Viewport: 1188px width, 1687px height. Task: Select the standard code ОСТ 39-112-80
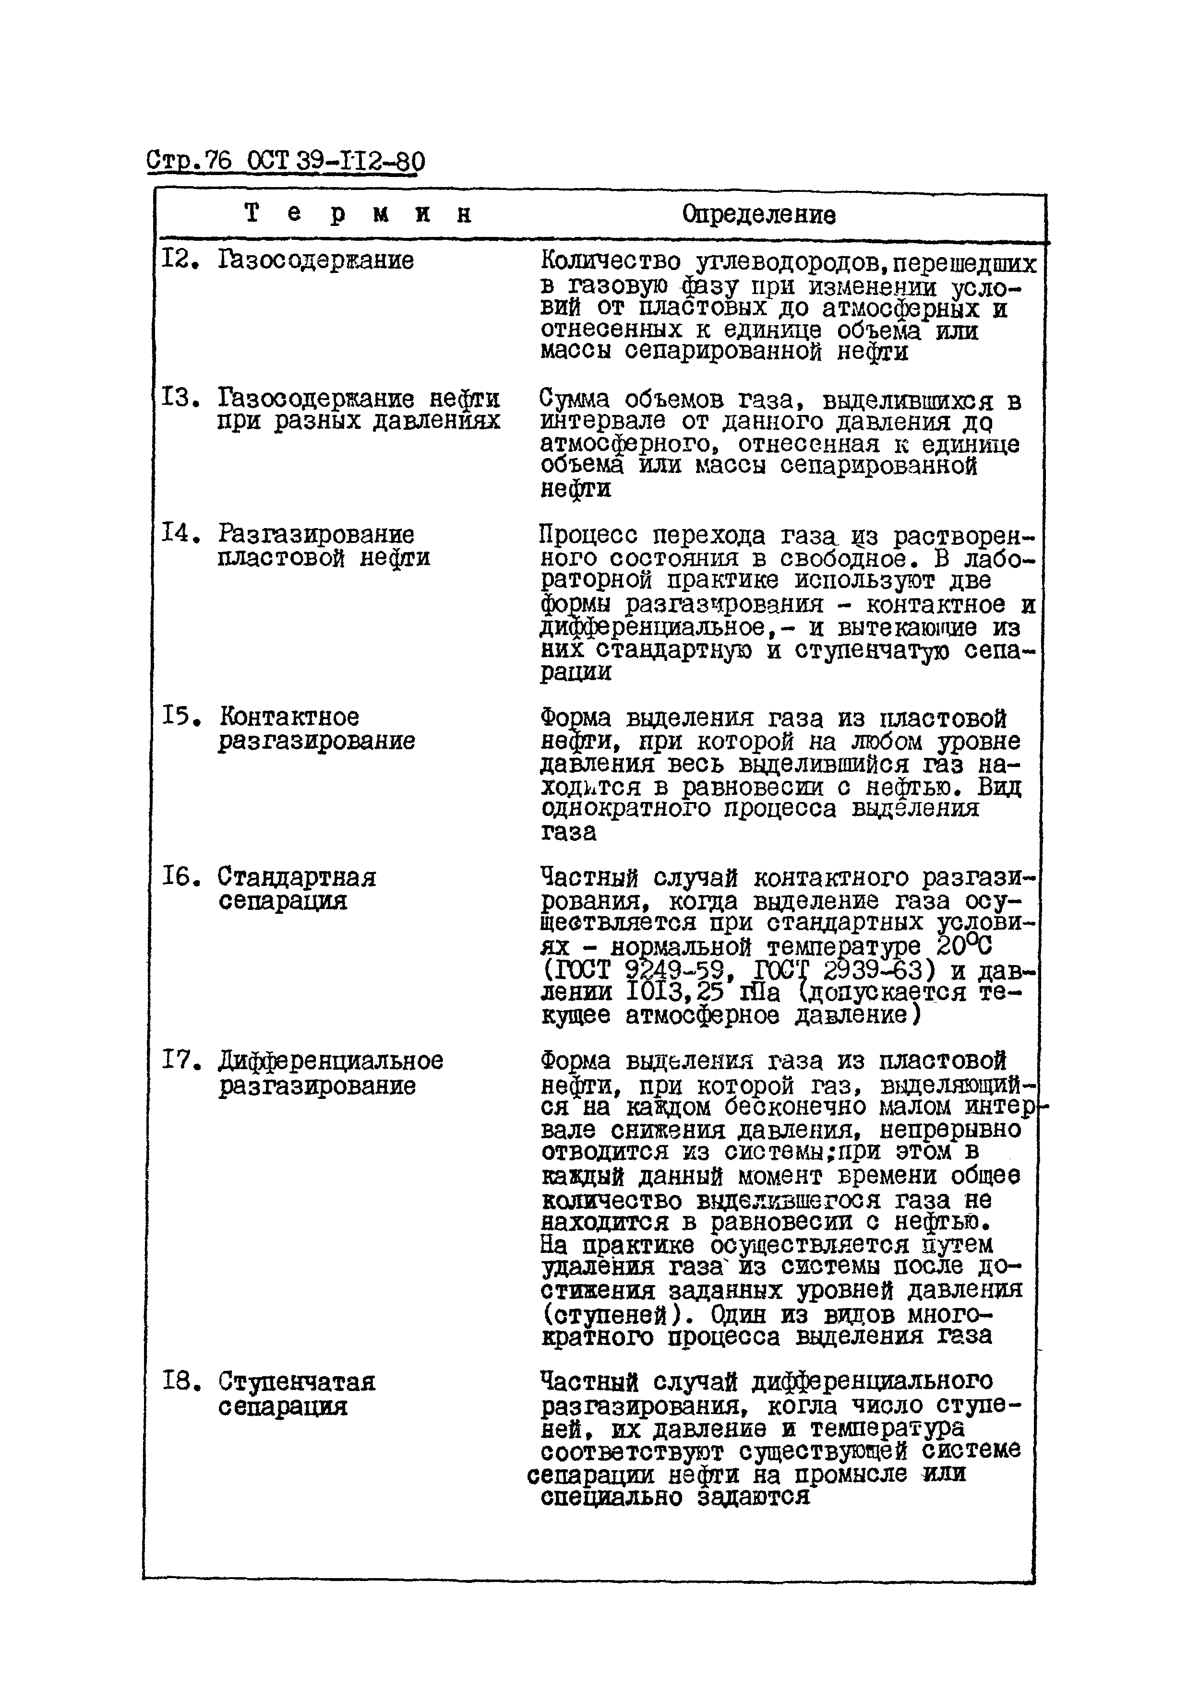(x=336, y=161)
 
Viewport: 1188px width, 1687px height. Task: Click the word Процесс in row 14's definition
(x=588, y=535)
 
